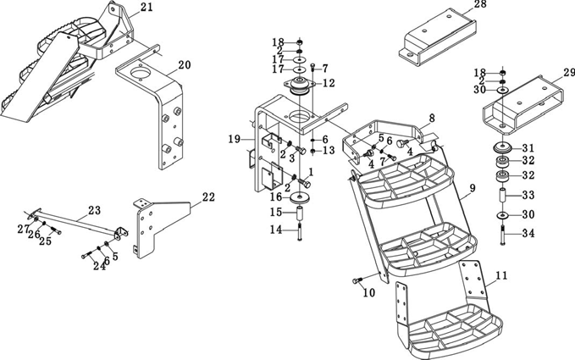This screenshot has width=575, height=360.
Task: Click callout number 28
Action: click(479, 5)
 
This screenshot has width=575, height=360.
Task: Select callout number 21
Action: click(147, 8)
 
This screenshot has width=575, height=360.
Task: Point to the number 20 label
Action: click(185, 64)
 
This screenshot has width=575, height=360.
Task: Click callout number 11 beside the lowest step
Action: click(501, 275)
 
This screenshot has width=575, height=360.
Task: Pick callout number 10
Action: click(368, 293)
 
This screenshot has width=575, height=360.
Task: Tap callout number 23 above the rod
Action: click(94, 210)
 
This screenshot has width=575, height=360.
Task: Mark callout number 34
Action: click(528, 233)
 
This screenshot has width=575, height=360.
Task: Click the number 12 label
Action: click(329, 83)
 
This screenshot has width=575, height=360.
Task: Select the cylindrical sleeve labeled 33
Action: click(502, 197)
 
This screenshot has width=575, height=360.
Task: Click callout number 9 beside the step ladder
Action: click(473, 187)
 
